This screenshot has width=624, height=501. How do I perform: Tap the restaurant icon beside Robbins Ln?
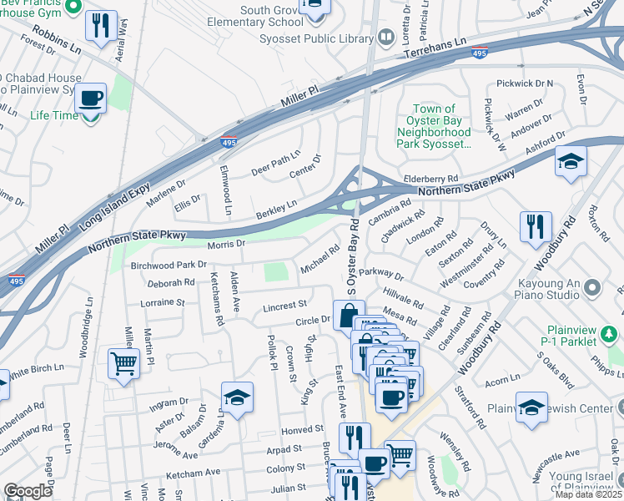101,25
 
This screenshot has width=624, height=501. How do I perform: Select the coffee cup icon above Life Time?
90,98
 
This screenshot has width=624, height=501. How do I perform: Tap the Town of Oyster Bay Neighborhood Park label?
434,126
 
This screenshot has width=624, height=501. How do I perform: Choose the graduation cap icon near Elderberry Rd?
571,161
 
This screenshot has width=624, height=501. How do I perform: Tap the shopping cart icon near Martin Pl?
123,364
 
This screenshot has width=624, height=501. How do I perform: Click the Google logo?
28,491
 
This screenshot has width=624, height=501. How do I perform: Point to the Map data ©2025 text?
588,494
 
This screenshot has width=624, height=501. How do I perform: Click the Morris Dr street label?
226,244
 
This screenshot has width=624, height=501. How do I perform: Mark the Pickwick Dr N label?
525,83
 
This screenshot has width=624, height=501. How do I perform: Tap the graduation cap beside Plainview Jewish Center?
531,407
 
